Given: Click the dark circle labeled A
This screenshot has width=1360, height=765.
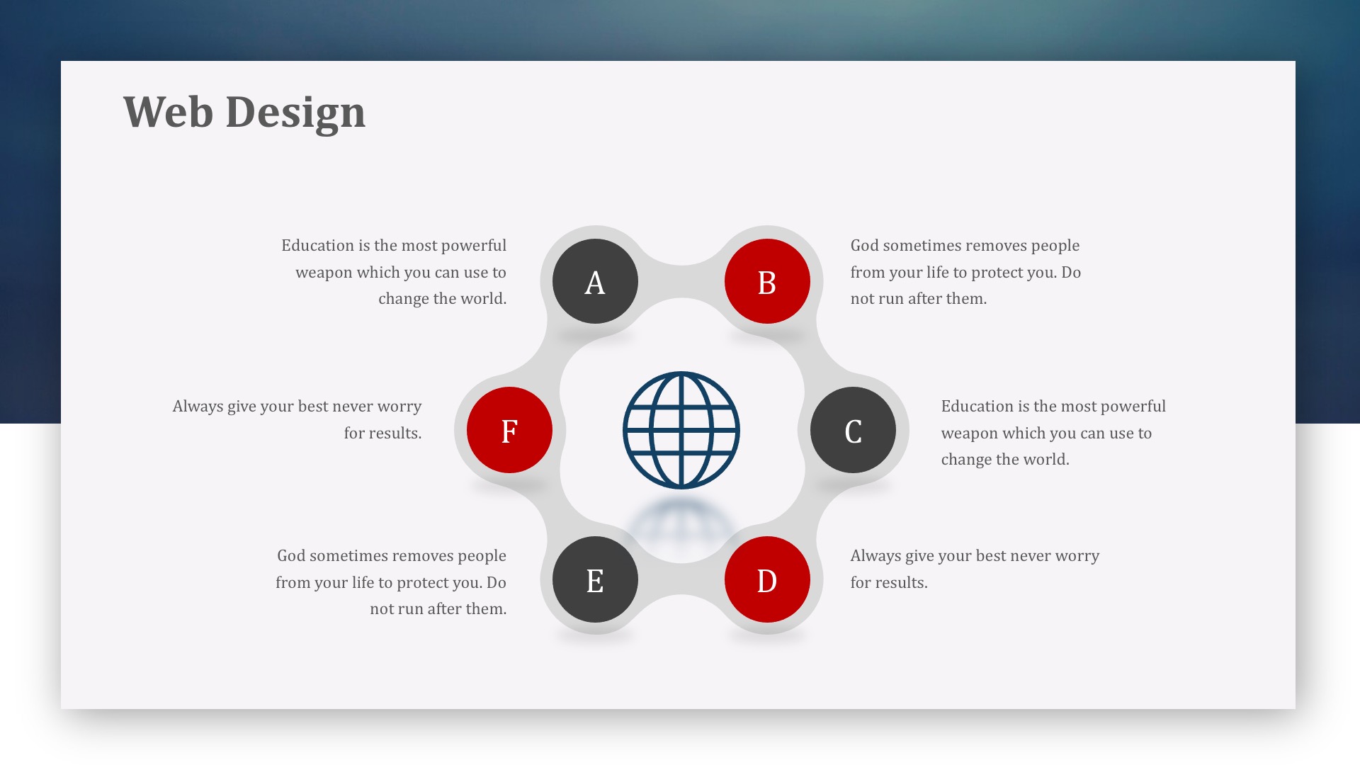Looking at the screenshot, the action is click(x=595, y=281).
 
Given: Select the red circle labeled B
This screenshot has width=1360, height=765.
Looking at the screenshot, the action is click(x=767, y=281).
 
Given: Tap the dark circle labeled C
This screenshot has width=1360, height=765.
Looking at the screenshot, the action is click(x=853, y=430).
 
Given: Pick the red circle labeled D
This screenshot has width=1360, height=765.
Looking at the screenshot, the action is click(x=767, y=579).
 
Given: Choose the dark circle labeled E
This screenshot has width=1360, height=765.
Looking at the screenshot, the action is click(x=595, y=579).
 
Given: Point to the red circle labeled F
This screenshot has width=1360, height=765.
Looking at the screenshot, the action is click(x=509, y=430).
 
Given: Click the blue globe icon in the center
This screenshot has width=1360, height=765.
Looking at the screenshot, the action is click(x=681, y=430).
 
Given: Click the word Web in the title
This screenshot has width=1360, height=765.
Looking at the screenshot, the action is click(x=168, y=112).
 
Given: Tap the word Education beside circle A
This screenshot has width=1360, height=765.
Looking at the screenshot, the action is click(x=317, y=245).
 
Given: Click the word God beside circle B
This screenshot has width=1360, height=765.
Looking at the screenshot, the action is click(x=864, y=245).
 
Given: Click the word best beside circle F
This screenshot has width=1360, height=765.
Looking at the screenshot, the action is click(x=313, y=406).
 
